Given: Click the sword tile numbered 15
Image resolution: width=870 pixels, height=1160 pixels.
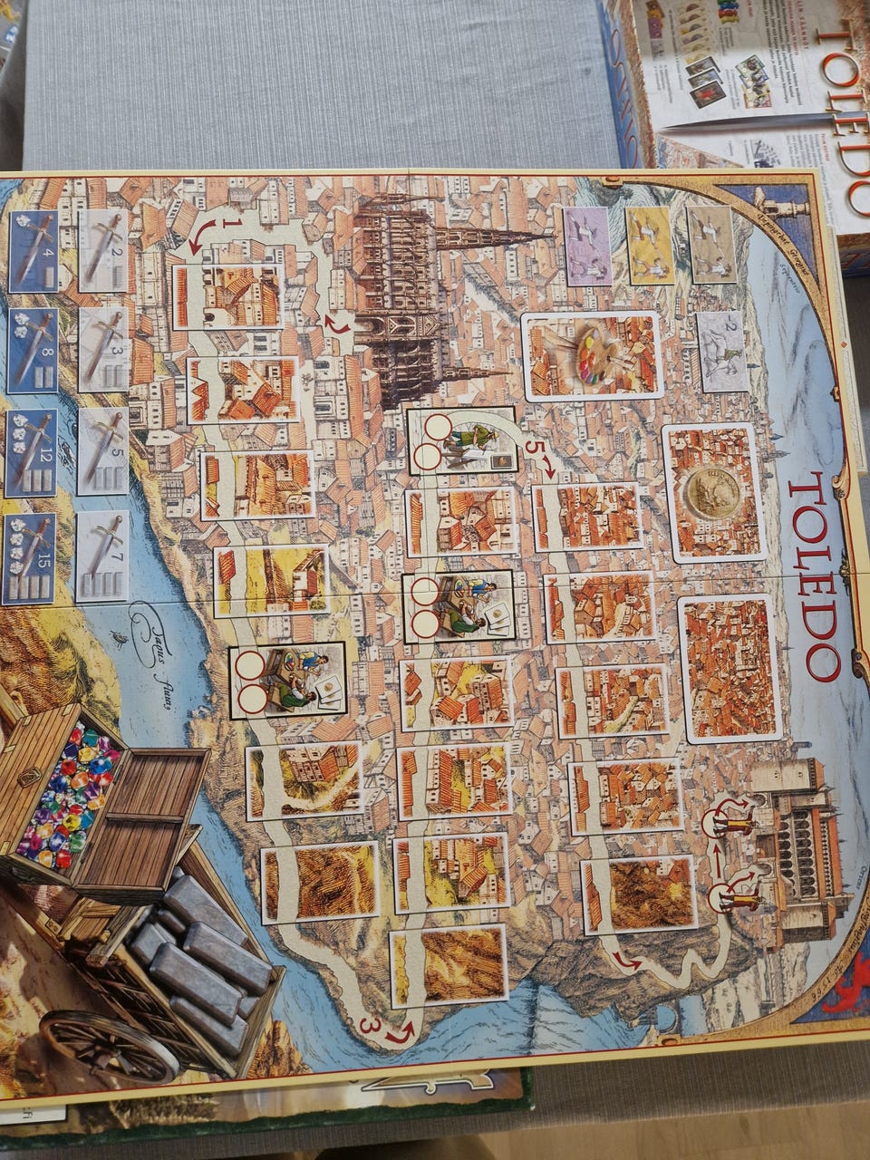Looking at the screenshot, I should click(x=31, y=559).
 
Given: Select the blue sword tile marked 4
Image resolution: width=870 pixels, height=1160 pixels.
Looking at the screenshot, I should click(x=33, y=251).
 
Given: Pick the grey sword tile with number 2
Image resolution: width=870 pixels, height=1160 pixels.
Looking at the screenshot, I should click(x=103, y=238).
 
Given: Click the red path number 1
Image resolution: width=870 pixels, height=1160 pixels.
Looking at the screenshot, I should click(x=232, y=222).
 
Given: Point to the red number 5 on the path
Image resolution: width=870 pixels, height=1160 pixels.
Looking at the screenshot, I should click(x=532, y=448).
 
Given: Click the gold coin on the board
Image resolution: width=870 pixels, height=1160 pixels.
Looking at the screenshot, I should click(x=712, y=493).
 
